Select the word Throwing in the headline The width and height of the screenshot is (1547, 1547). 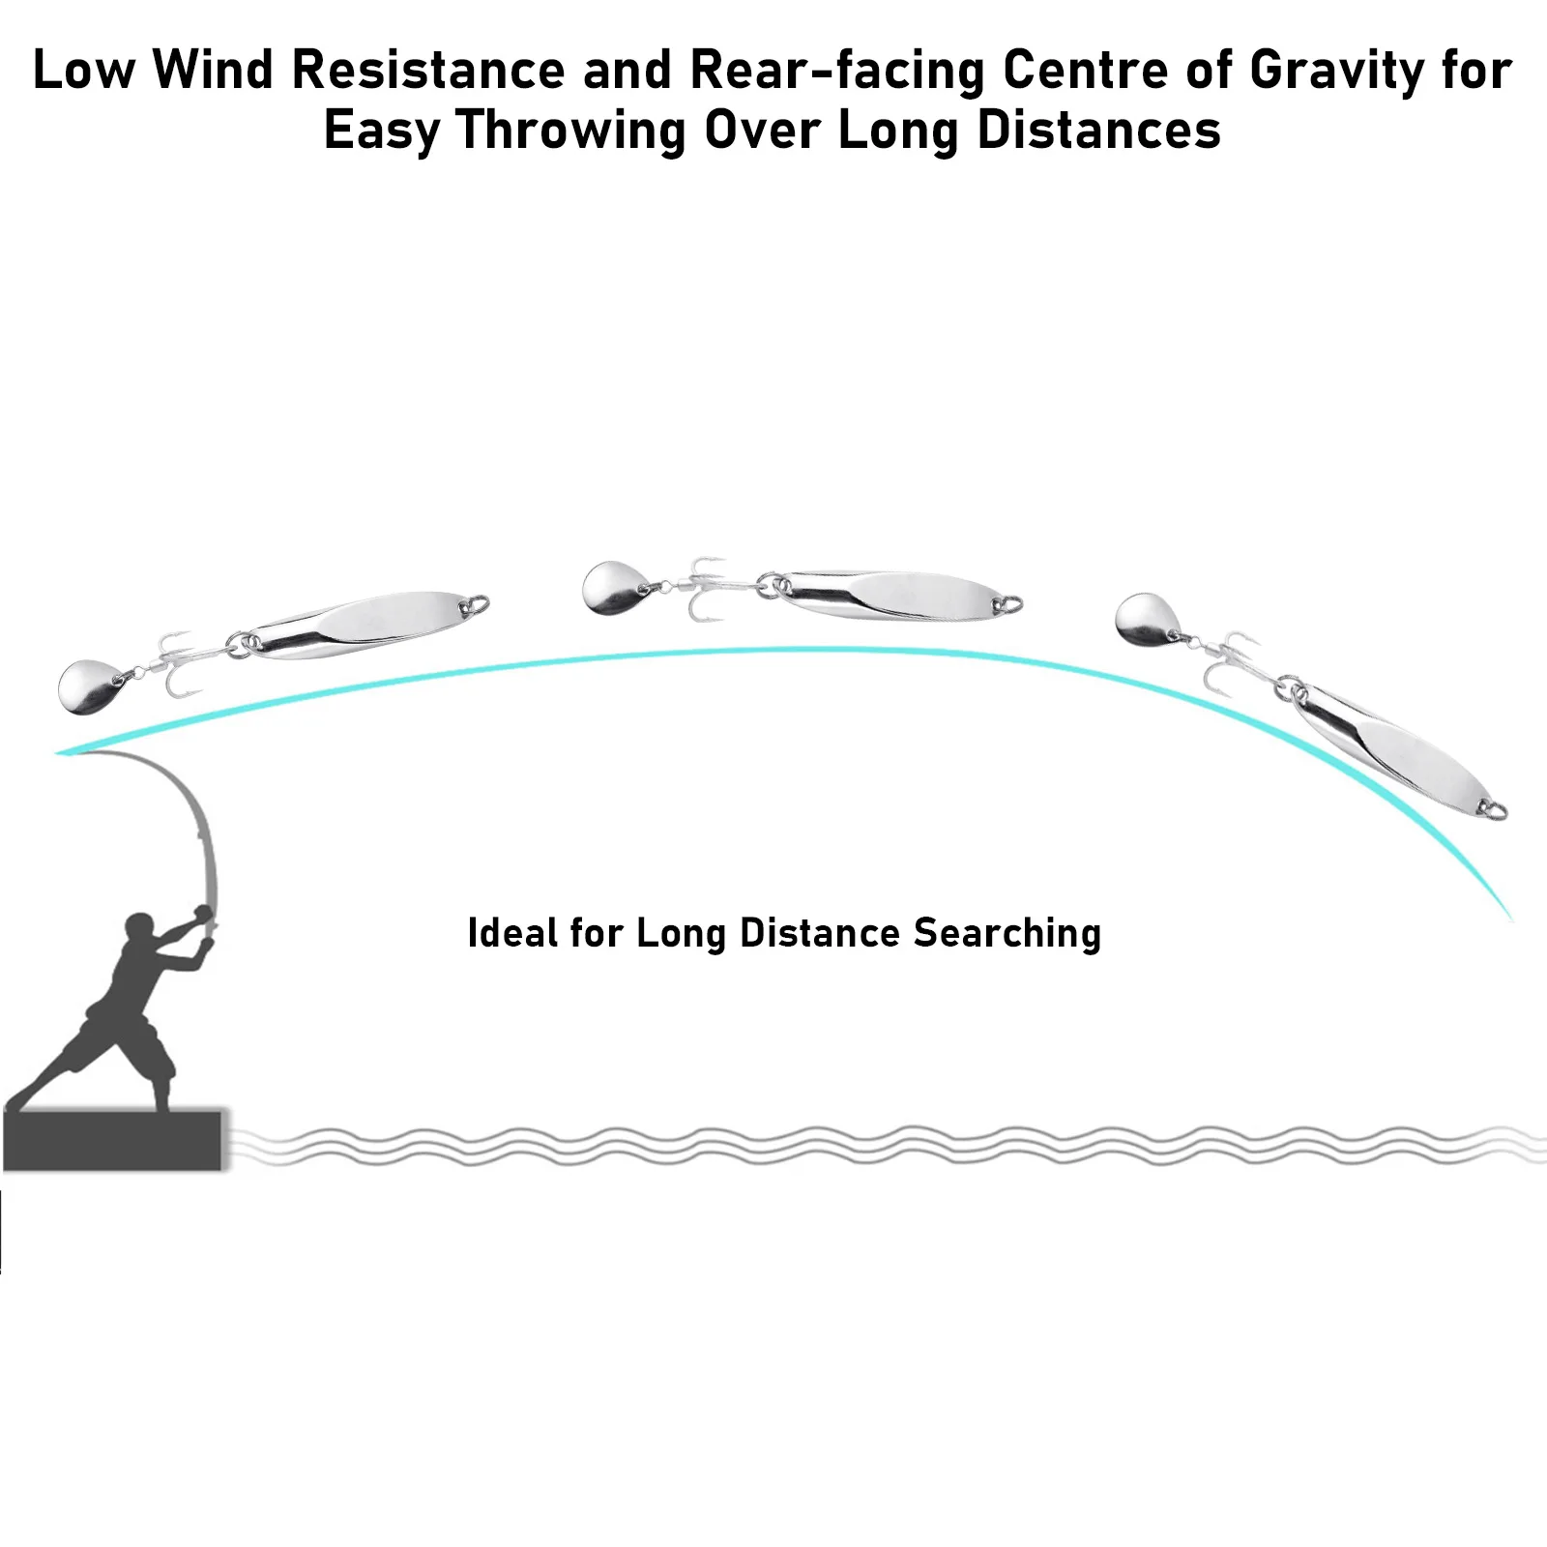tap(570, 130)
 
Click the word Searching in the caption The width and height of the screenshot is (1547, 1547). tap(1007, 933)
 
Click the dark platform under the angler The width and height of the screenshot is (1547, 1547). tap(114, 1141)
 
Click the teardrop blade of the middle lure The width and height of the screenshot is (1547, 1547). tap(608, 586)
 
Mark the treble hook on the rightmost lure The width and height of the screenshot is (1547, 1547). tap(1232, 662)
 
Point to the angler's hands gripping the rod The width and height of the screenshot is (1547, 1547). tap(202, 915)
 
